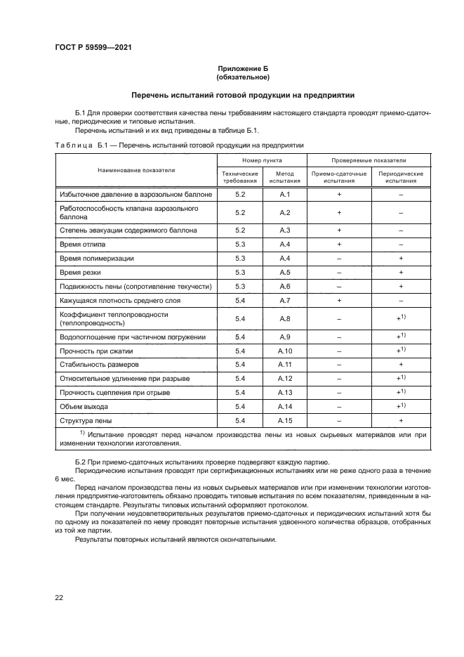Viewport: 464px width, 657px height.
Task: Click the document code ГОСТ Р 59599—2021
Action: (x=93, y=47)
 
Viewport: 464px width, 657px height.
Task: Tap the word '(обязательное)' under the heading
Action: (x=242, y=77)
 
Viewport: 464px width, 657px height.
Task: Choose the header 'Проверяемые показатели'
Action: (x=369, y=161)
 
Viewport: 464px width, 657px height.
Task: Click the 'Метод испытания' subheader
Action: (x=284, y=176)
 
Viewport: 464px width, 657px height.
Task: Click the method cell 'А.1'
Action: (x=284, y=193)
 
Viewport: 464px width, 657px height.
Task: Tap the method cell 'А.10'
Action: (x=284, y=351)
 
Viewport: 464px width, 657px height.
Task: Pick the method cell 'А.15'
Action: (x=284, y=420)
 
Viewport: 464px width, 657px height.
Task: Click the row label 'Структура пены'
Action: (x=86, y=420)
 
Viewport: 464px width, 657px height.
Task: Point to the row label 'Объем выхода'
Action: (x=84, y=406)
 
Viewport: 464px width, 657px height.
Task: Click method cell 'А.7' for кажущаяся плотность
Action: (x=284, y=300)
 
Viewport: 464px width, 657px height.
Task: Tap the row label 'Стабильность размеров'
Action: (x=100, y=365)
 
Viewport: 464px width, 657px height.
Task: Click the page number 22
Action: (x=59, y=597)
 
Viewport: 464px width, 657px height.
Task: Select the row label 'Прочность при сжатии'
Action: (x=96, y=351)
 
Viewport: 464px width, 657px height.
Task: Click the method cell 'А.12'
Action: (x=284, y=379)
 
